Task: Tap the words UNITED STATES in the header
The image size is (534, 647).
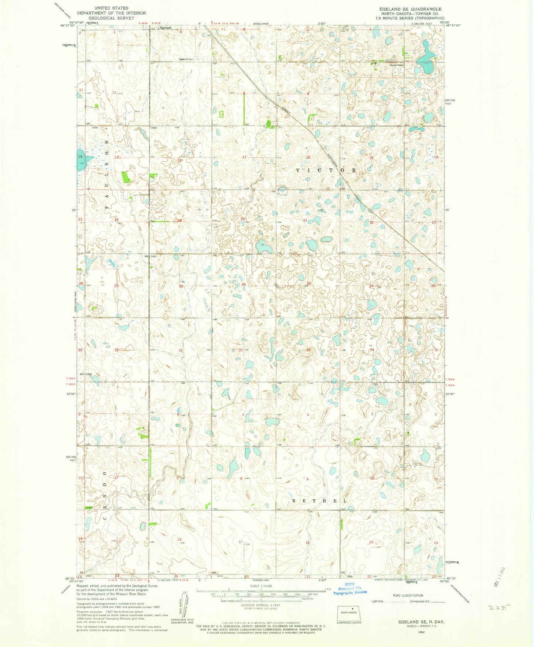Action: [x=111, y=8]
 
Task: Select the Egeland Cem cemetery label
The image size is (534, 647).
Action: [x=186, y=59]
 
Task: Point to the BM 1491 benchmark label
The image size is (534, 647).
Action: [x=151, y=256]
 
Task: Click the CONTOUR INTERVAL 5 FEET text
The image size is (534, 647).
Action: [x=261, y=605]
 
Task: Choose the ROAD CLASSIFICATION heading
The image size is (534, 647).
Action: [x=408, y=596]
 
